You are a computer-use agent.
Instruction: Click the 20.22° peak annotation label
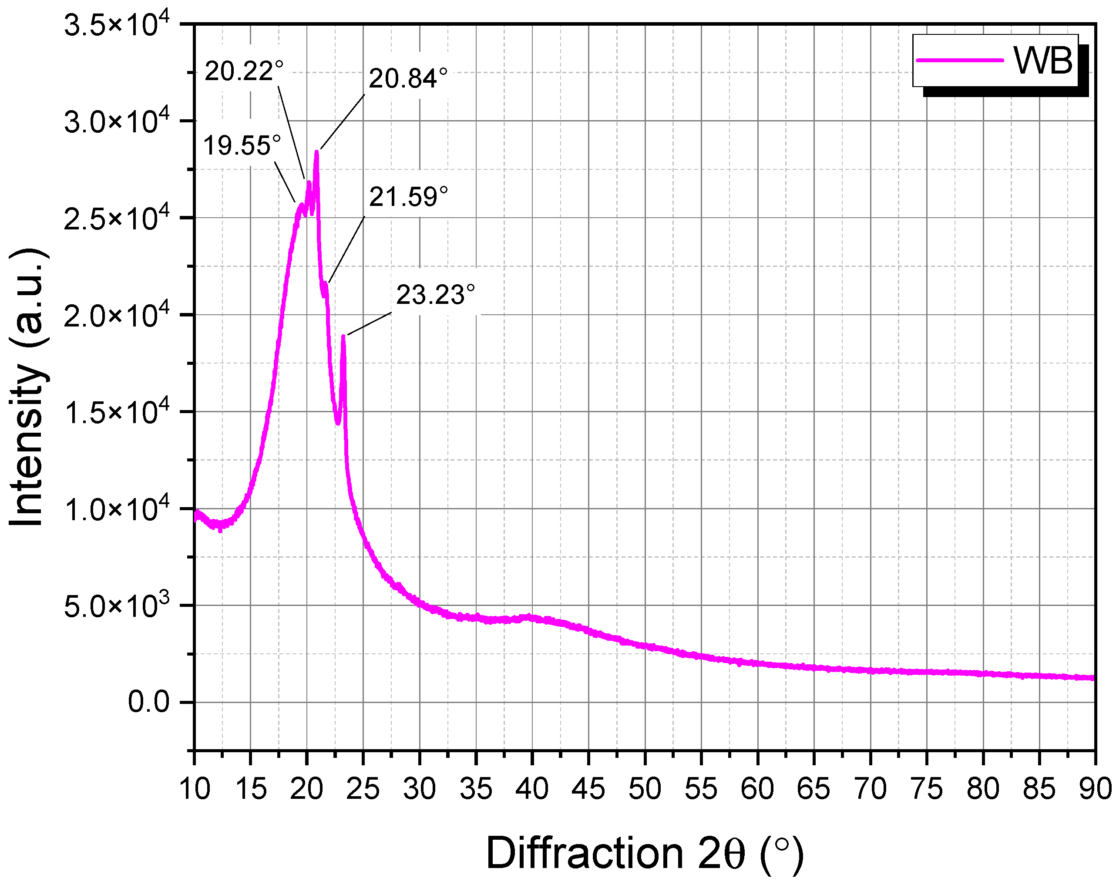[244, 71]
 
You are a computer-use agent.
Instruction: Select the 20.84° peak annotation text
[408, 79]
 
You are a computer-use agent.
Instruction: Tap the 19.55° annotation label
[242, 146]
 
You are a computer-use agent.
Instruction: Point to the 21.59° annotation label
[408, 197]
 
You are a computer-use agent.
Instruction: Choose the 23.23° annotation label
[435, 295]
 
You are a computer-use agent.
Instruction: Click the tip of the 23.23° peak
[343, 337]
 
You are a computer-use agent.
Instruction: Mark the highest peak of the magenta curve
[316, 152]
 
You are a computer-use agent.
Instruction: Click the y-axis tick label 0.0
[148, 703]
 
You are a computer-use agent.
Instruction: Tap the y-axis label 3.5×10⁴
[117, 25]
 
